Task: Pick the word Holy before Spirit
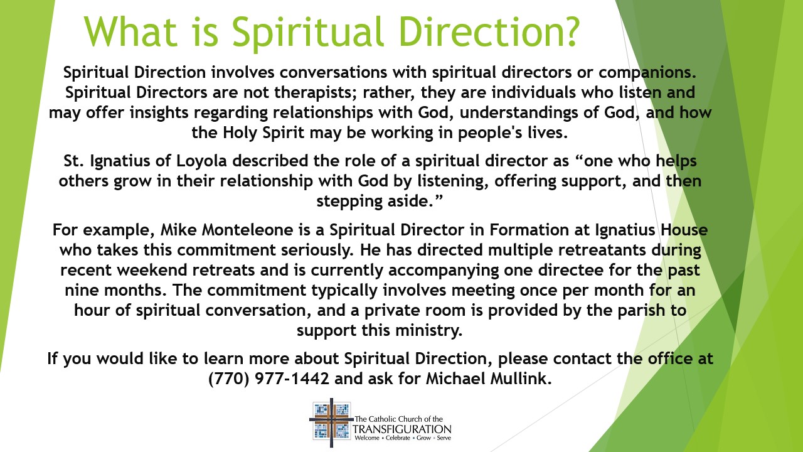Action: [240, 134]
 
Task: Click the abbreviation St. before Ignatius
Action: [76, 161]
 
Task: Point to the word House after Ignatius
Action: [683, 230]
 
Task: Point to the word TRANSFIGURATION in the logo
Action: [402, 428]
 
